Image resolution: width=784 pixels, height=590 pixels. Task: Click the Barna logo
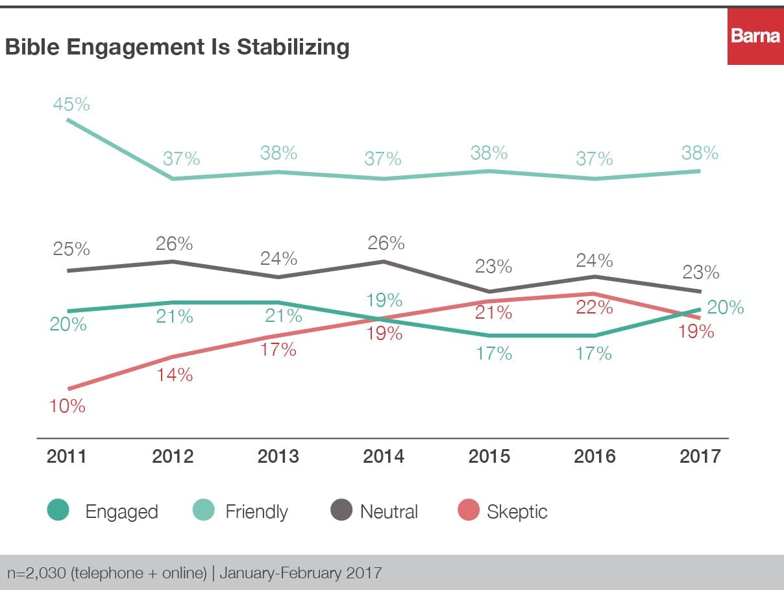(755, 36)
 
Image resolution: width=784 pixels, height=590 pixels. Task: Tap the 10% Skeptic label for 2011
(67, 406)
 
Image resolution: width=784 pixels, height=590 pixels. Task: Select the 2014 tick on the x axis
(384, 456)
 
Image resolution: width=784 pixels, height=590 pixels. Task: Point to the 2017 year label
(700, 456)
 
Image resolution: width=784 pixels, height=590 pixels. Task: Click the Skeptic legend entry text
(517, 511)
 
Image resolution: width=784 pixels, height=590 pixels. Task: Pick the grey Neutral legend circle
(341, 511)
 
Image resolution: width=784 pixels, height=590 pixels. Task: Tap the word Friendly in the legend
(256, 511)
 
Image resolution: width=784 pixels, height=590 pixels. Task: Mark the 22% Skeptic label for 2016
(594, 308)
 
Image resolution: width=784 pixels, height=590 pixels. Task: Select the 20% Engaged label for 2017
(725, 307)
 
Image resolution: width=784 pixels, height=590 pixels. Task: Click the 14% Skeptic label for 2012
(173, 375)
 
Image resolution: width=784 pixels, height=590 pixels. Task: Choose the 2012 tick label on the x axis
(173, 456)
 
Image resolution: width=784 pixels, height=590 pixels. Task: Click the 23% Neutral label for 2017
(700, 273)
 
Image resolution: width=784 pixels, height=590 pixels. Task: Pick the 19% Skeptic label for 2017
(696, 332)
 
